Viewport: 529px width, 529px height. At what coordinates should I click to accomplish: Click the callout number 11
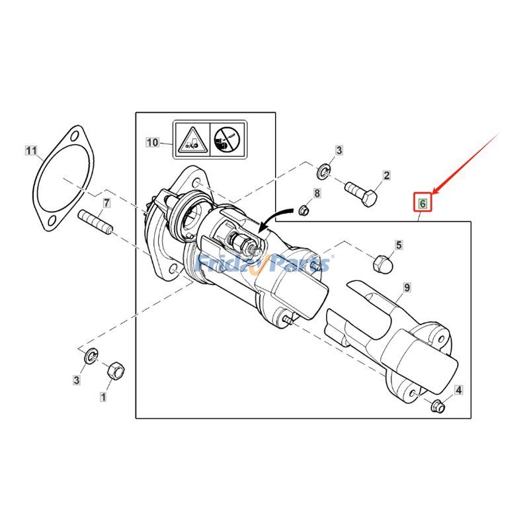pos(31,151)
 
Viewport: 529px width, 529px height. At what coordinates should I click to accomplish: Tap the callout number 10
pos(153,142)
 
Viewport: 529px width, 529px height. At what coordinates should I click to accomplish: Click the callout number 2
pos(386,176)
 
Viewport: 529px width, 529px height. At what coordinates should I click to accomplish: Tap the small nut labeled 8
pos(304,210)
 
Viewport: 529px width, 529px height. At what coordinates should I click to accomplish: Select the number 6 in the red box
pos(423,203)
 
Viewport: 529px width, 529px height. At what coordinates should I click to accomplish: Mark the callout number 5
pos(399,245)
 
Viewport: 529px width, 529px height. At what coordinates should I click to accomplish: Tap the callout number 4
pos(458,389)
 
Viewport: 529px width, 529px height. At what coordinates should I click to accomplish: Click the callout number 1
pos(102,397)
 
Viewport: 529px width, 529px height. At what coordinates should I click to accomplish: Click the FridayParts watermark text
pos(264,264)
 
